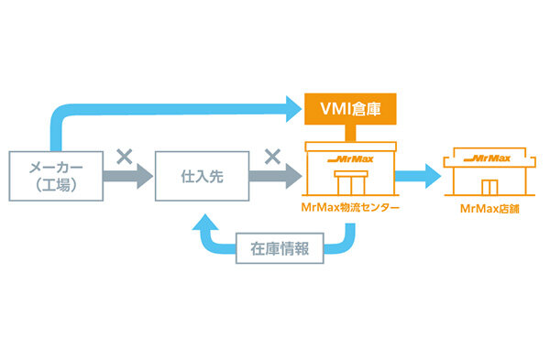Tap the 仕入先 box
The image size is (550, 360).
(x=201, y=175)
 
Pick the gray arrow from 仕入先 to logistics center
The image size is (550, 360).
(x=274, y=176)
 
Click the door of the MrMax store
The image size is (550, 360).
(x=488, y=186)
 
